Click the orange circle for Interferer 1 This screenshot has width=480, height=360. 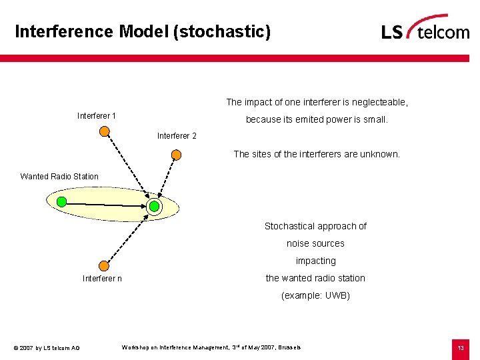pos(104,131)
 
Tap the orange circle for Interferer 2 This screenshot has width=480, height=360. pos(176,155)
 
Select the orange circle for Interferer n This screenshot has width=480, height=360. pos(103,265)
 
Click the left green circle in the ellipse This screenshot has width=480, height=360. pos(61,201)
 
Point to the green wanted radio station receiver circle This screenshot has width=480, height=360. pos(154,207)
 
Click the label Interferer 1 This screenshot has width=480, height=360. pos(97,116)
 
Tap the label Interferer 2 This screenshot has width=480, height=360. pos(177,136)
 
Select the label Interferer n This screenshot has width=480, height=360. pos(102,278)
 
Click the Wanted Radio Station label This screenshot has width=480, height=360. pos(59,177)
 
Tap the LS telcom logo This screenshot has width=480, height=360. pos(425,29)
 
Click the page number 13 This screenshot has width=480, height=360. pos(460,347)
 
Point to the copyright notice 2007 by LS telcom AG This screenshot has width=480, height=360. pos(47,348)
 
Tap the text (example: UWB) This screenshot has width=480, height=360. pos(315,295)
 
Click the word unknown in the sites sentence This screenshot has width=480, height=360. pos(379,154)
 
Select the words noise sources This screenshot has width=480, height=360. pos(315,243)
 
